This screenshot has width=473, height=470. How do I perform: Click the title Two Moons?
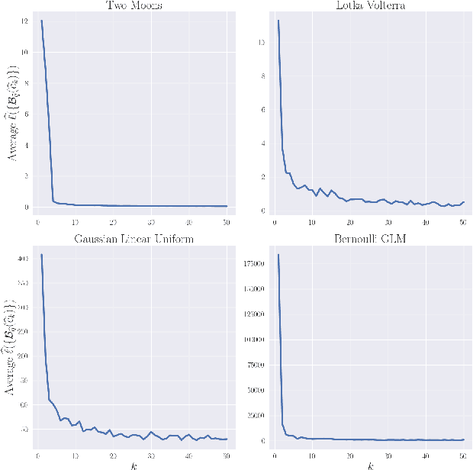point(132,5)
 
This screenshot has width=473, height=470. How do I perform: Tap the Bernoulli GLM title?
point(368,239)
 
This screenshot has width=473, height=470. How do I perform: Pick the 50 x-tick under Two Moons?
point(226,222)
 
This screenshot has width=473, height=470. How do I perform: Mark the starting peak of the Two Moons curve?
point(41,21)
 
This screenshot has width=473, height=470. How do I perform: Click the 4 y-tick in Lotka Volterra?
point(262,143)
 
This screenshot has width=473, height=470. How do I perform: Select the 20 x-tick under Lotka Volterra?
point(349,222)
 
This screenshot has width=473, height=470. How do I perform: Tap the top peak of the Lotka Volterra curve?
point(278,21)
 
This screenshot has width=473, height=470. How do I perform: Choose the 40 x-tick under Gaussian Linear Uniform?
point(188,456)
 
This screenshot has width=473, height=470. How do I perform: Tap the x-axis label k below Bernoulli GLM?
point(368,465)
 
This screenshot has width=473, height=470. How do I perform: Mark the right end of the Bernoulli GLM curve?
point(462,439)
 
